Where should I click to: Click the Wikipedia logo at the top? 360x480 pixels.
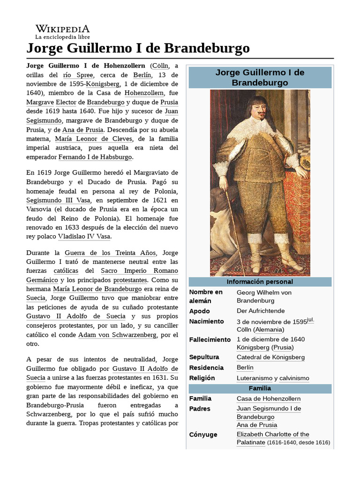point(63,31)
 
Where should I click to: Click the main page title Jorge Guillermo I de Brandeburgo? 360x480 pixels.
point(138,48)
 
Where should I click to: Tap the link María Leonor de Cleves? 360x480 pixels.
point(94,139)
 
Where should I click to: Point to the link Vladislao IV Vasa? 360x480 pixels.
point(84,237)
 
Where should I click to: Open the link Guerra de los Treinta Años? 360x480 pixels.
point(110,253)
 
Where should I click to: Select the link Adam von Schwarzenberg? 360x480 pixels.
point(118,335)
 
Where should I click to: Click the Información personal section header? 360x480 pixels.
point(260,282)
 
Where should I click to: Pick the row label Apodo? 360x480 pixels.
point(199,311)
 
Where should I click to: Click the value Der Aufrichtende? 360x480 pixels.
point(261,311)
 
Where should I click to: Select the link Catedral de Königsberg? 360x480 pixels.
point(270,357)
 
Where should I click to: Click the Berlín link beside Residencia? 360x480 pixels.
point(245,367)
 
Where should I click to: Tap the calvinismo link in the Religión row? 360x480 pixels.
point(294,378)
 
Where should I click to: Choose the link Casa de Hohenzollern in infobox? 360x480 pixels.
point(269,398)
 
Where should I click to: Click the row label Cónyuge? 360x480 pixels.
point(203,435)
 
